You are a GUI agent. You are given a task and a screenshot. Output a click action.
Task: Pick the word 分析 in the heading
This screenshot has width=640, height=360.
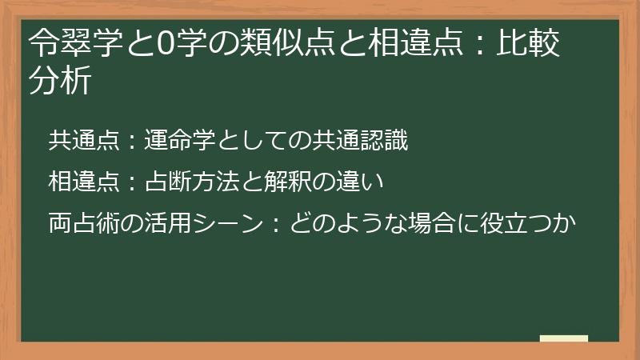[58, 80]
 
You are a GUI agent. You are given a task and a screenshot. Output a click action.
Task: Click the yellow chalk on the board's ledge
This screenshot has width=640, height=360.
[563, 338]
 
